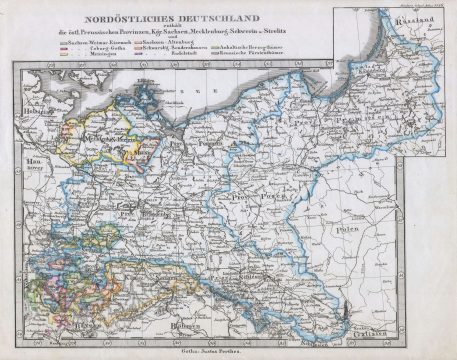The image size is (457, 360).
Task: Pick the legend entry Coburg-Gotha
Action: click(92, 54)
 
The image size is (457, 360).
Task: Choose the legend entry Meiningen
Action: click(88, 61)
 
